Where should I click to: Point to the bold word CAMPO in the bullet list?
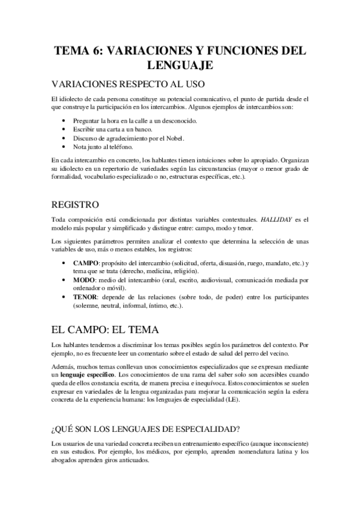[x=87, y=263]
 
